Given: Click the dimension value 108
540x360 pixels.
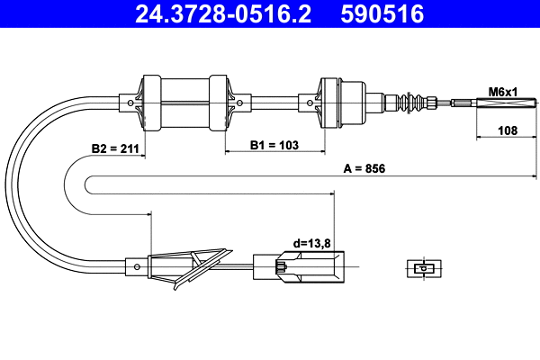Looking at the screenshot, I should pos(507,130).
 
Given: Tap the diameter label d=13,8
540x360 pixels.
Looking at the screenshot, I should pos(310,243).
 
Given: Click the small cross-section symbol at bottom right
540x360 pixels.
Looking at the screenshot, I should pos(421,267).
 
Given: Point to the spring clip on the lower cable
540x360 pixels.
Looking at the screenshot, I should pos(193,266).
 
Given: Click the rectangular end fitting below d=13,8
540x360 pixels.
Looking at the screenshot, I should pos(297,266).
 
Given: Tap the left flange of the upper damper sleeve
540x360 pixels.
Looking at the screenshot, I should pos(150,102).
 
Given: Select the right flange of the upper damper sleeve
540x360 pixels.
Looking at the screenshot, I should pos(218,102).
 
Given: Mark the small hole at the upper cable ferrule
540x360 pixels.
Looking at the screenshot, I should pos(133,102).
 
